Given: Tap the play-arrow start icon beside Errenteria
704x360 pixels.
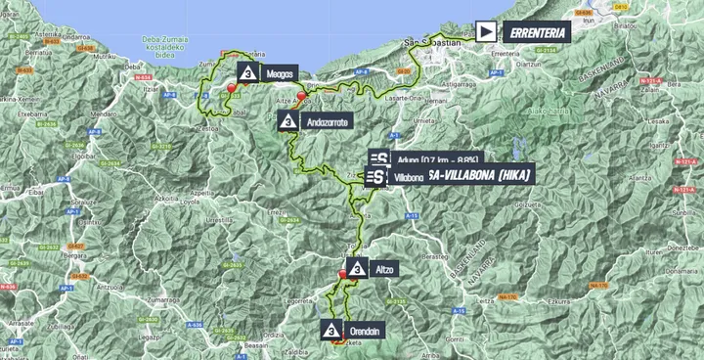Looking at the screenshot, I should click(x=486, y=31).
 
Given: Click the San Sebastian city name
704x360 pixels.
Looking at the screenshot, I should click(x=431, y=41).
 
